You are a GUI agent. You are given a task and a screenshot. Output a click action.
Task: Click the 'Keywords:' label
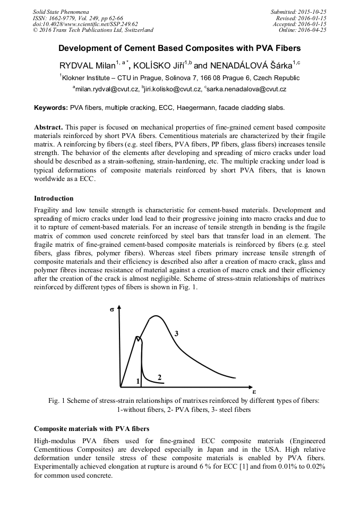tap(51, 107)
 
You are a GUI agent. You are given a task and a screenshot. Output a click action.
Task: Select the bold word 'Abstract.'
tap(49, 128)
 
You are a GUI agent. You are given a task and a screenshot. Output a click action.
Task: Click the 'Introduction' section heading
tap(54, 199)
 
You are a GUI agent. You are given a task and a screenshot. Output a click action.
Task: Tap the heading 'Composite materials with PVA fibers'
tap(91, 428)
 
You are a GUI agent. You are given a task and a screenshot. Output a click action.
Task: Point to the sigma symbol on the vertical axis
tap(112, 308)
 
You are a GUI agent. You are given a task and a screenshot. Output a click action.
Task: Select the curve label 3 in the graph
tap(176, 333)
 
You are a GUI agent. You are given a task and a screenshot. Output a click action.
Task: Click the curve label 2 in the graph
tap(159, 376)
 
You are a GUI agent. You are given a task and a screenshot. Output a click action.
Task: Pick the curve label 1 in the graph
tap(138, 381)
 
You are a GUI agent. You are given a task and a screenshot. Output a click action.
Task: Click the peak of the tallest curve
tap(157, 316)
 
